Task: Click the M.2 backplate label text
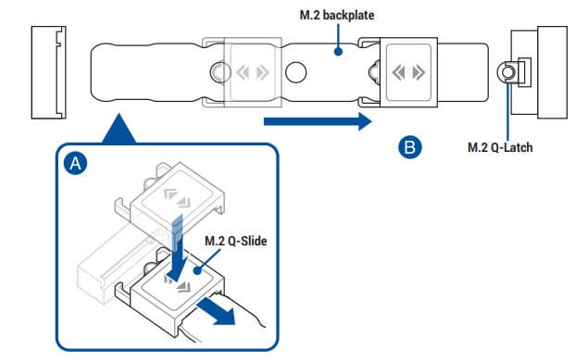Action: [337, 15]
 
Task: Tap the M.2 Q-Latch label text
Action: [500, 147]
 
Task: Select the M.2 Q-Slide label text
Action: [235, 241]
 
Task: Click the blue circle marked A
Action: [76, 163]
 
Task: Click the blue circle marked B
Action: [410, 147]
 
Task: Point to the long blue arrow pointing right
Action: [318, 121]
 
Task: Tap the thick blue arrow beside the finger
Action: [217, 311]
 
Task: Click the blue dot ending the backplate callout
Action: [338, 52]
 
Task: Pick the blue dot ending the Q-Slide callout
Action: [198, 271]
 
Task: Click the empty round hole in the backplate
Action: [296, 72]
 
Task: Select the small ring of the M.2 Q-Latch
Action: [507, 72]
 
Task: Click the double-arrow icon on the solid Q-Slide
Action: [408, 72]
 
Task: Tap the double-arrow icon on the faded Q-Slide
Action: [253, 72]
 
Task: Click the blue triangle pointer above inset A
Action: [119, 128]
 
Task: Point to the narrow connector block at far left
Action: [49, 72]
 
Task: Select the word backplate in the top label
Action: [348, 15]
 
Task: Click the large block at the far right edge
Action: [552, 72]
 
